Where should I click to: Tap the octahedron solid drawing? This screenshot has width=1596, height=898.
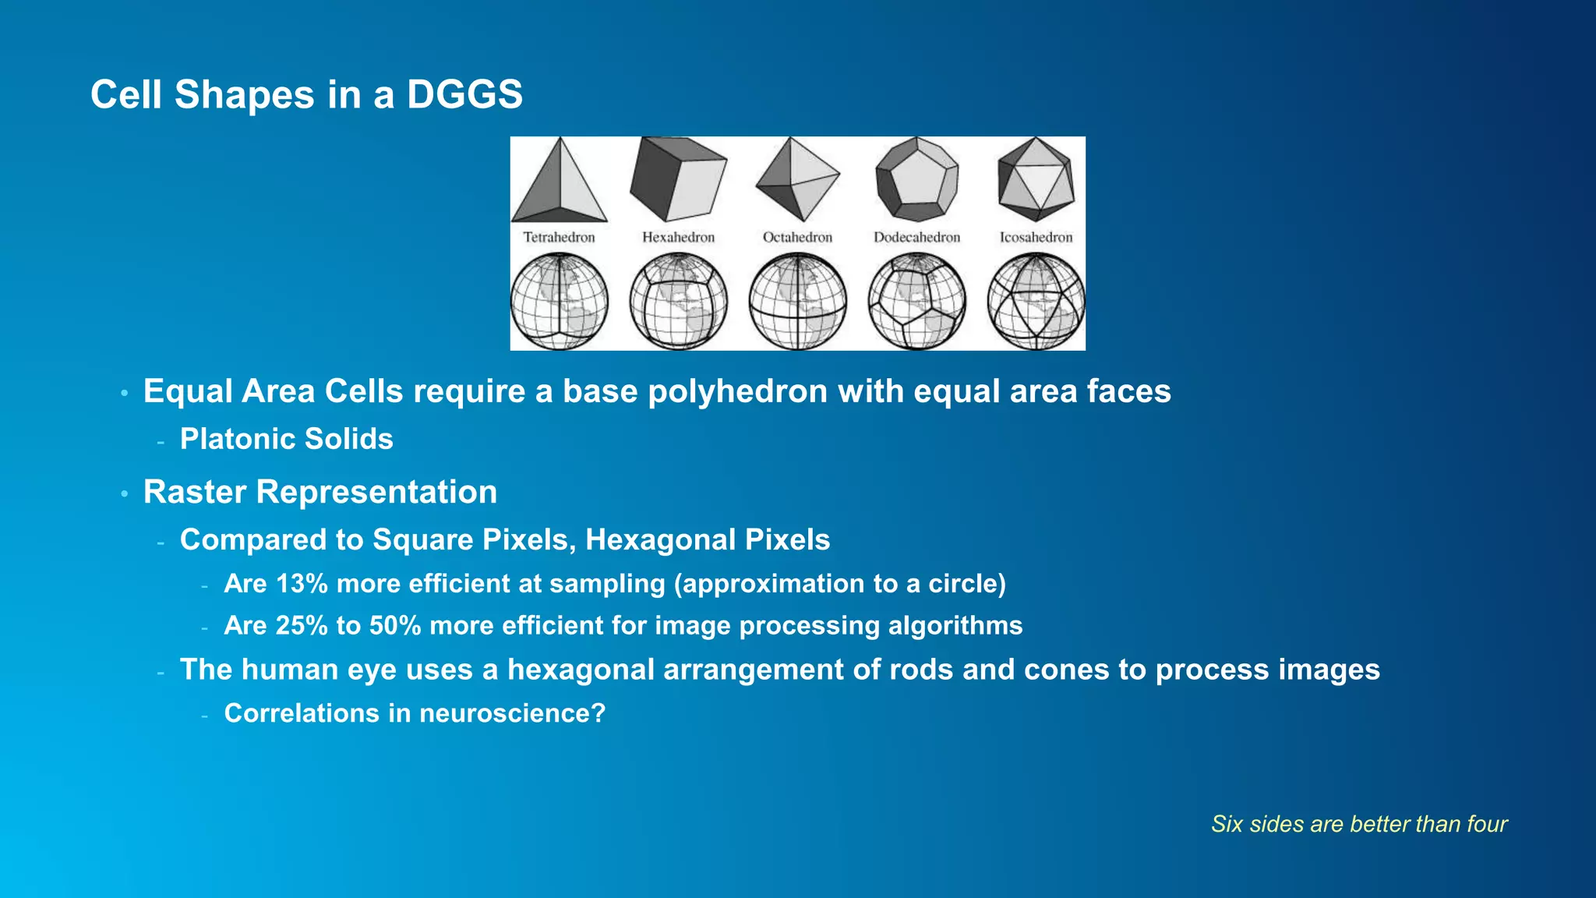coord(797,179)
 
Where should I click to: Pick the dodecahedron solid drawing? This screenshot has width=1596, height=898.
coord(916,179)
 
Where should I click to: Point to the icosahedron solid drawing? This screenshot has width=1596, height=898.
coord(1036,179)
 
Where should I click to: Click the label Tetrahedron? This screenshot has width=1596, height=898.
coord(559,237)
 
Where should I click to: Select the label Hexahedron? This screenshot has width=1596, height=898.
coord(678,237)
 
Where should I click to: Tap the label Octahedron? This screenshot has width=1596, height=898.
coord(797,237)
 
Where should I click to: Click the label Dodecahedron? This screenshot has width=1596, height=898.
coord(916,237)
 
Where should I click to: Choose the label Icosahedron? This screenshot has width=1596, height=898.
coord(1036,237)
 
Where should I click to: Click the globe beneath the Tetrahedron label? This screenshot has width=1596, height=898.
coord(559,302)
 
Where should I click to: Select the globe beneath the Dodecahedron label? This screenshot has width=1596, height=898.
coord(916,302)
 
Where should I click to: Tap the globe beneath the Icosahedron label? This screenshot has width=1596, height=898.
coord(1036,302)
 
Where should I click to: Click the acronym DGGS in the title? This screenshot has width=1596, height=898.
coord(464,95)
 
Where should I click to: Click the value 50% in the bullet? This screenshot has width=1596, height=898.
coord(395,626)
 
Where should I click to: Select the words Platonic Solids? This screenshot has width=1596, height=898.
coord(286,439)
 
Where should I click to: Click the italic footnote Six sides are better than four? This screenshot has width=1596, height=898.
coord(1358,824)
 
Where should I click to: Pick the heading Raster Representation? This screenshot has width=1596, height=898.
coord(320,492)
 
